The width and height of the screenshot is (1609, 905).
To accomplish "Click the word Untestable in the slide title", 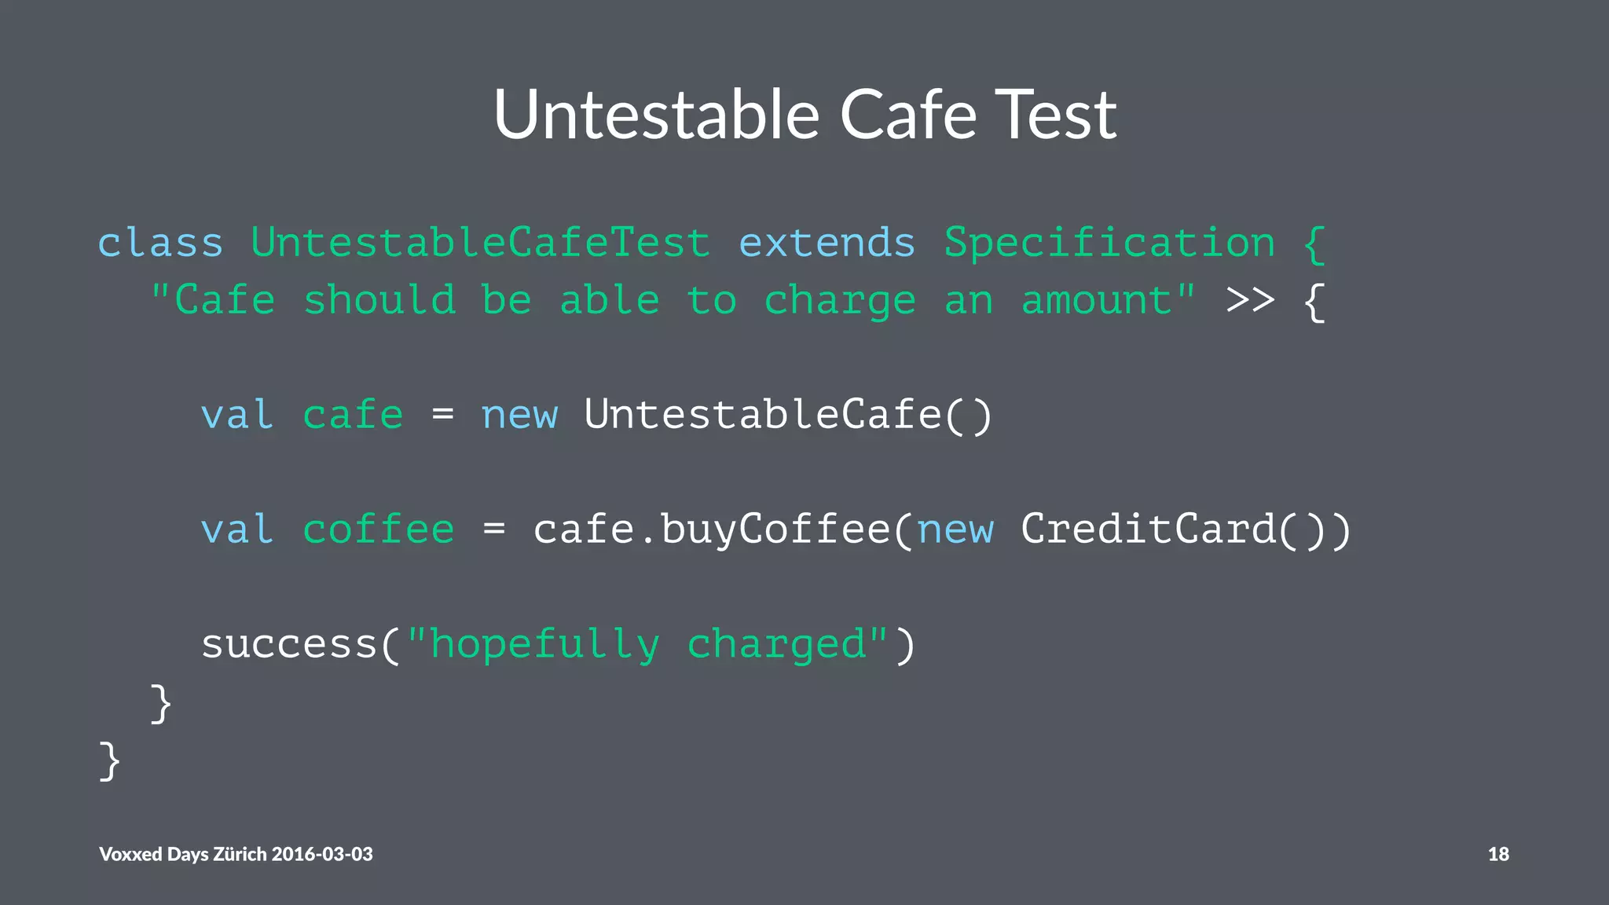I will (x=657, y=115).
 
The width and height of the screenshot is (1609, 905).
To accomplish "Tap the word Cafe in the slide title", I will (x=908, y=115).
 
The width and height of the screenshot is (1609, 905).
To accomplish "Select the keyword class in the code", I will (x=160, y=242).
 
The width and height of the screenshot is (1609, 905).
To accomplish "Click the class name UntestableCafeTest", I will (x=481, y=242).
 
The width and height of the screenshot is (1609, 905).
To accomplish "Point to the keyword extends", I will (x=827, y=242).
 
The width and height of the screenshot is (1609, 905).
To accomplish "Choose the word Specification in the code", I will (x=1109, y=242).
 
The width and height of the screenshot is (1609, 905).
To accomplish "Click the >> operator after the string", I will (x=1250, y=300).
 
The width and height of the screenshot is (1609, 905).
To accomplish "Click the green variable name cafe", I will (x=353, y=415).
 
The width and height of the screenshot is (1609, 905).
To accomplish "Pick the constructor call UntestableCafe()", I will (x=788, y=415).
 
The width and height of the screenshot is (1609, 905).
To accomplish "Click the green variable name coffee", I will (x=378, y=529).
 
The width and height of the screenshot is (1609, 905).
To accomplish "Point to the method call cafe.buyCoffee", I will (x=712, y=529).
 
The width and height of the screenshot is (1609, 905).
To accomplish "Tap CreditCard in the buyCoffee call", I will (x=1148, y=529).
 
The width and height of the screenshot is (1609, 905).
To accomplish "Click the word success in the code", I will (x=289, y=645).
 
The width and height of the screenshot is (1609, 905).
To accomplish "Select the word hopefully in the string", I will (x=545, y=645).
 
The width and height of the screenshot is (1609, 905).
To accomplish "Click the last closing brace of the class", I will (x=109, y=760).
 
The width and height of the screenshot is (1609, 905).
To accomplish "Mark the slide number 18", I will (x=1498, y=854).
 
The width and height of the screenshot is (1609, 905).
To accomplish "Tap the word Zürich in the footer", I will (x=240, y=854).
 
